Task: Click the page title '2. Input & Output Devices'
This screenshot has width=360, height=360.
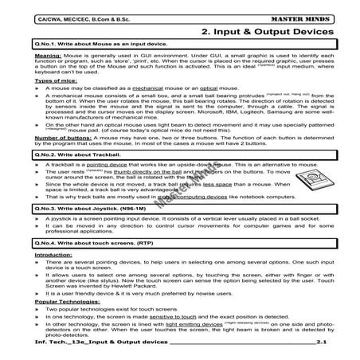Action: pyautogui.click(x=268, y=32)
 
